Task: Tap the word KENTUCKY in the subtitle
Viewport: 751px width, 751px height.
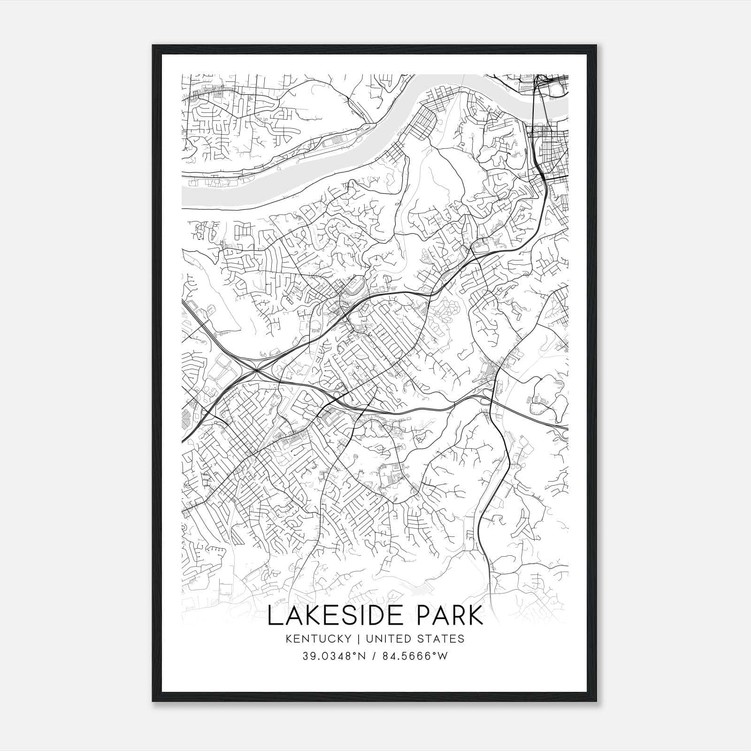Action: (320, 639)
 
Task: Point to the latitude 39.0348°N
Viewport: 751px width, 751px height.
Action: (333, 656)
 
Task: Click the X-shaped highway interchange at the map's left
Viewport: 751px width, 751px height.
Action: (256, 371)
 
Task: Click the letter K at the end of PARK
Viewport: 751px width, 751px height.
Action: (476, 616)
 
